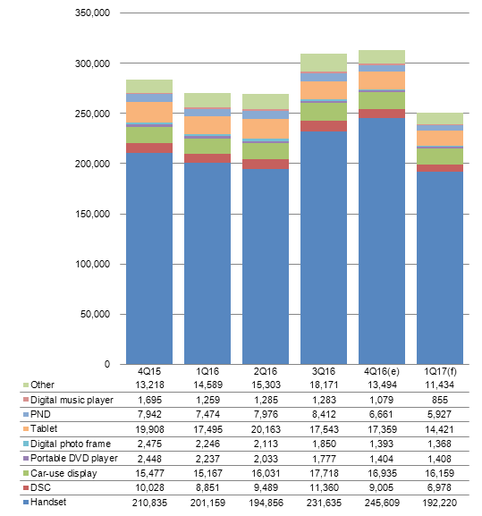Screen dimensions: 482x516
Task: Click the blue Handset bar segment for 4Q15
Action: click(x=149, y=258)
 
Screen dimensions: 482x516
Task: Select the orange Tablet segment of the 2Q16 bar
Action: click(x=266, y=129)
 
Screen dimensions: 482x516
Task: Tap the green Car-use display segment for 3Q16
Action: click(x=324, y=112)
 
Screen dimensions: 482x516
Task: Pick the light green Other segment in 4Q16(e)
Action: click(x=382, y=57)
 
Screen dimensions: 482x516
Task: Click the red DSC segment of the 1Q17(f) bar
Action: click(x=440, y=168)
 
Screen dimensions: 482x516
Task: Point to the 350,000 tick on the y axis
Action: click(x=92, y=13)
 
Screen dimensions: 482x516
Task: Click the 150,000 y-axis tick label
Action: click(x=92, y=214)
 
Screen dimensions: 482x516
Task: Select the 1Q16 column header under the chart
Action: click(x=207, y=371)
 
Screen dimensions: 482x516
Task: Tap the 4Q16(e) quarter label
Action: click(x=382, y=371)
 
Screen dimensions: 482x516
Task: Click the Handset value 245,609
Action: click(x=382, y=503)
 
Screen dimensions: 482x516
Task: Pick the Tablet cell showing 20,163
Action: click(x=266, y=429)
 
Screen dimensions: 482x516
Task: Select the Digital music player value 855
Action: click(x=440, y=400)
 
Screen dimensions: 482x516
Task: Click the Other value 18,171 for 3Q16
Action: click(x=324, y=385)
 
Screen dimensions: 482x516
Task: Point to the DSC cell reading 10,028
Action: click(x=149, y=487)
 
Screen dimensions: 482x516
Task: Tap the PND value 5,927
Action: click(x=440, y=414)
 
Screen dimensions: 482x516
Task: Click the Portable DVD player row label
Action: click(x=74, y=458)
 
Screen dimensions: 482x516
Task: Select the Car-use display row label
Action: click(x=63, y=473)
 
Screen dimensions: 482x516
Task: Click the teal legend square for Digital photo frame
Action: click(x=26, y=444)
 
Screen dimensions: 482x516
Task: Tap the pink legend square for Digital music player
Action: click(x=26, y=400)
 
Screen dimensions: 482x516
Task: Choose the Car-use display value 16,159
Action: click(x=440, y=473)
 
